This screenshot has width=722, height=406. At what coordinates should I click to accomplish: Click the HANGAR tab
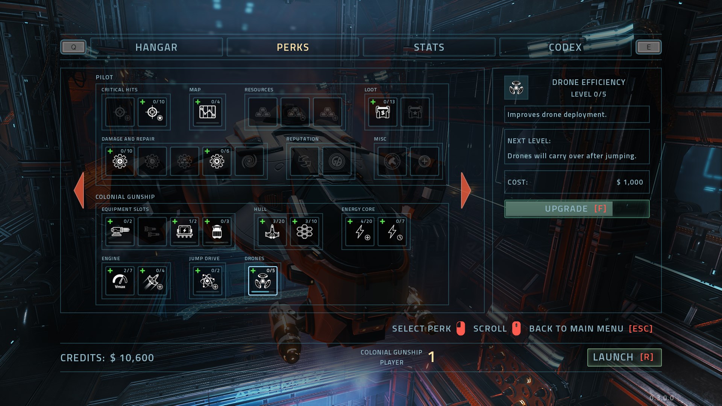click(x=156, y=47)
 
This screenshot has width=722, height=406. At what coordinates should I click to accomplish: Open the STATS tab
click(x=429, y=47)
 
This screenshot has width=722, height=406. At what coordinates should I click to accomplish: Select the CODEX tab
click(x=565, y=47)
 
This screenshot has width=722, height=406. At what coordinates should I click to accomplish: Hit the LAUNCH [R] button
click(x=624, y=357)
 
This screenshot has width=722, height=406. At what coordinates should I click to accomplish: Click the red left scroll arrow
click(x=79, y=190)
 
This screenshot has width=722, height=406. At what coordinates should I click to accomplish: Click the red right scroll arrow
click(x=466, y=190)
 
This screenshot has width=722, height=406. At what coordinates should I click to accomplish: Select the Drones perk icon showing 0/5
click(x=262, y=281)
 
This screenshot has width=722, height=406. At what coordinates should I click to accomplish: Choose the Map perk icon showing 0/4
click(x=207, y=112)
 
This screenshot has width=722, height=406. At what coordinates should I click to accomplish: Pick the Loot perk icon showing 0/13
click(x=382, y=112)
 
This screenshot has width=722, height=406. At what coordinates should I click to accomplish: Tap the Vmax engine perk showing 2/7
click(x=120, y=281)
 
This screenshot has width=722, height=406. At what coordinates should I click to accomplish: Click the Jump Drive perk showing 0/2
click(x=207, y=281)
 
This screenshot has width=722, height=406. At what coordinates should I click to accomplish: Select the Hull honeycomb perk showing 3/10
click(x=304, y=232)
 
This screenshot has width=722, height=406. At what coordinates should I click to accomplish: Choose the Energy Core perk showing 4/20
click(x=360, y=232)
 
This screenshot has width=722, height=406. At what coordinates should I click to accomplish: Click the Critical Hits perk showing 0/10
click(x=152, y=112)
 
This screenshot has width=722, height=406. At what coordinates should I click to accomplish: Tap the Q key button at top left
click(x=73, y=47)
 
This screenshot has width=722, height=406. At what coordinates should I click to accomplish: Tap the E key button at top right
click(x=648, y=47)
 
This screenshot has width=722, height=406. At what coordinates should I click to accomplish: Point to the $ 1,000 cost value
click(x=629, y=182)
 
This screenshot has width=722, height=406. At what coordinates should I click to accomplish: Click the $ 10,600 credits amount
click(x=132, y=358)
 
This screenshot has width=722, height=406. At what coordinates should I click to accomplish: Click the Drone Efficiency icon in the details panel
click(x=516, y=88)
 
